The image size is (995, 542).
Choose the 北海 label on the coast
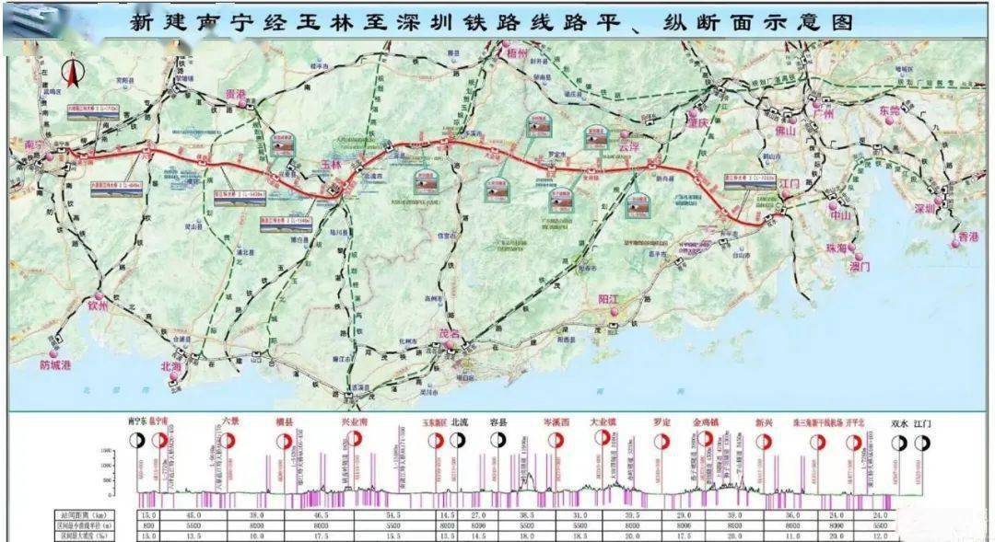171,365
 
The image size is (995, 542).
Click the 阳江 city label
609,300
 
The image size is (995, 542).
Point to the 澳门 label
860,266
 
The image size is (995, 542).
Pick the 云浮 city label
628,145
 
